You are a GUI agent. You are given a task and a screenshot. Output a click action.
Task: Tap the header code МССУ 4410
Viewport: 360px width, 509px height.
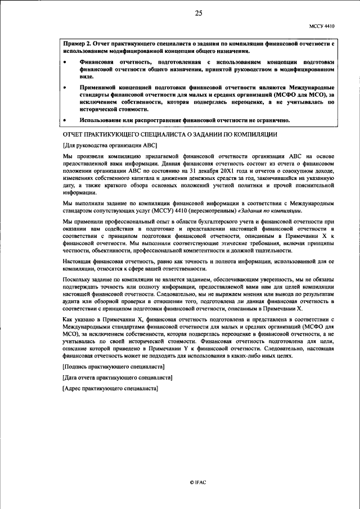(x=322, y=26)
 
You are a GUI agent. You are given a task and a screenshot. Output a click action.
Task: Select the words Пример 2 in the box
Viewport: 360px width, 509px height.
(x=78, y=43)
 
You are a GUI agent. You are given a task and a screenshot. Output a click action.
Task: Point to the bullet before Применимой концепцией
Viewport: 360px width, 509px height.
(x=66, y=88)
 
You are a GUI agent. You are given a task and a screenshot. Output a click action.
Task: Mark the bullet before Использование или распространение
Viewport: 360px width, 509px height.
(x=66, y=120)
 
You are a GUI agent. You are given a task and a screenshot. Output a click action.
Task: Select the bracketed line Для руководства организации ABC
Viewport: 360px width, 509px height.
(x=110, y=145)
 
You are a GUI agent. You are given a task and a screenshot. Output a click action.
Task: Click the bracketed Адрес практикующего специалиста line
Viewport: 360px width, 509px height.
(x=111, y=389)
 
